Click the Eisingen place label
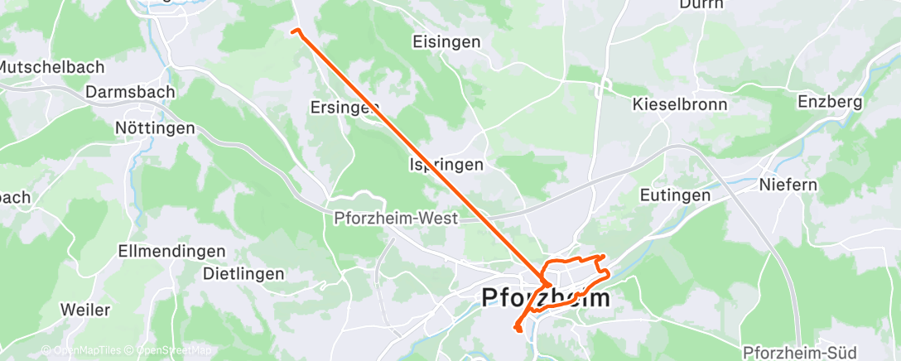click(446, 42)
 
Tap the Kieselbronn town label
click(679, 105)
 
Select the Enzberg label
click(829, 102)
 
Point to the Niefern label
click(788, 185)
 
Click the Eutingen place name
click(676, 195)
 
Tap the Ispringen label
click(446, 165)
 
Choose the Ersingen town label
click(344, 108)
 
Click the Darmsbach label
click(130, 92)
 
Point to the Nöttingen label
click(156, 128)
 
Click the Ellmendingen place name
click(172, 251)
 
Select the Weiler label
click(85, 310)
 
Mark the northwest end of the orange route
click(293, 31)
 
